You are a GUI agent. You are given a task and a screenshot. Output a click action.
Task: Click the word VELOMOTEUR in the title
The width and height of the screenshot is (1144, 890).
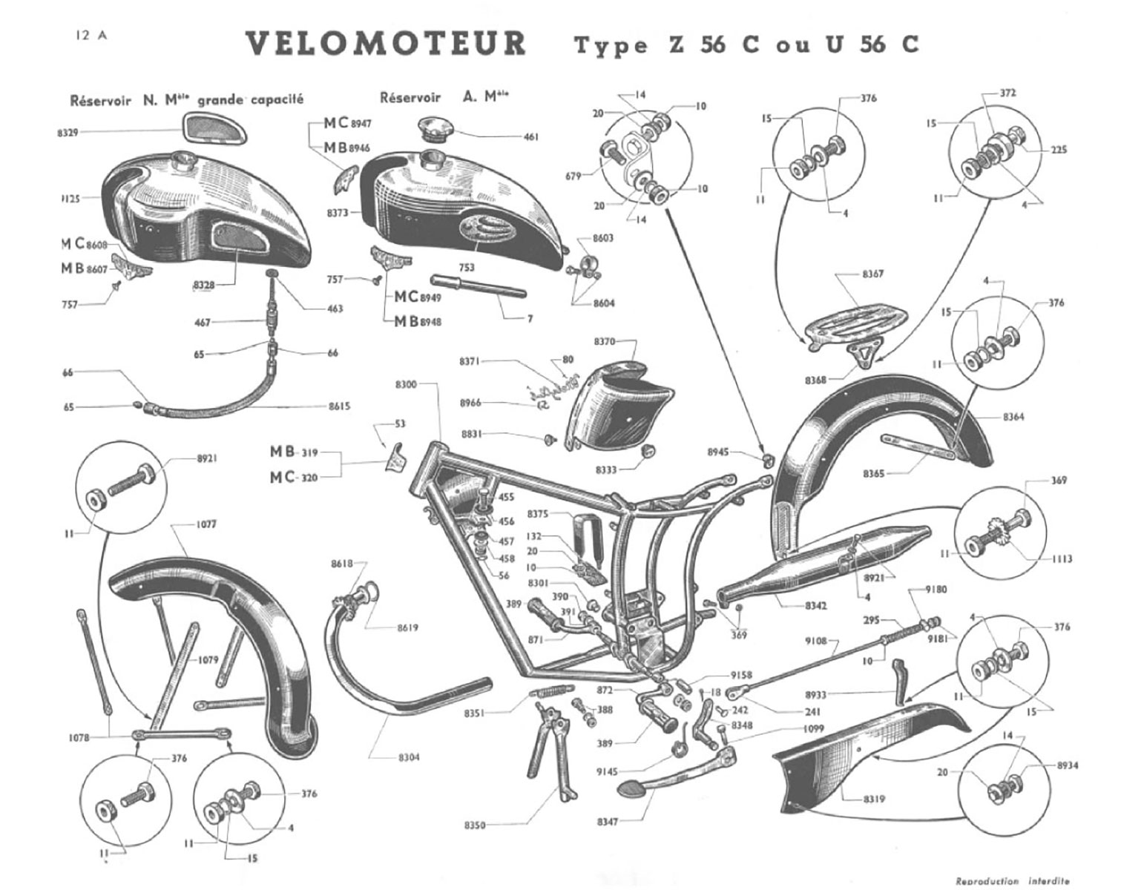pyautogui.click(x=386, y=44)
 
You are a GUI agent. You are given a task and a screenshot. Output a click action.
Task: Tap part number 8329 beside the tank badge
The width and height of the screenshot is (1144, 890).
pyautogui.click(x=68, y=132)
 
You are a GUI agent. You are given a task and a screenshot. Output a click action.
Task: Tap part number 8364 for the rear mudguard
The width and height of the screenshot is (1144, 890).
pyautogui.click(x=1013, y=417)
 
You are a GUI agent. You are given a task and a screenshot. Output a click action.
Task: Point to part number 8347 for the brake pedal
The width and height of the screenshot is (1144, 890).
pyautogui.click(x=608, y=822)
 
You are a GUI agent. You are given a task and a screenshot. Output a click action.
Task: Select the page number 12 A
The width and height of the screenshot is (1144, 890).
pyautogui.click(x=90, y=35)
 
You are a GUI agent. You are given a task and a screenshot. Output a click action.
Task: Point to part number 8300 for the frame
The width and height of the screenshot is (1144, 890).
pyautogui.click(x=406, y=384)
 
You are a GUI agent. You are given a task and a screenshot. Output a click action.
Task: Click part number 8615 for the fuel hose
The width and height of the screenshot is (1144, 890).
pyautogui.click(x=340, y=406)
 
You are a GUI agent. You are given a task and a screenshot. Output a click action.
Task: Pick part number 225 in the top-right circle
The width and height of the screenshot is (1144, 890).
pyautogui.click(x=1058, y=150)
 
